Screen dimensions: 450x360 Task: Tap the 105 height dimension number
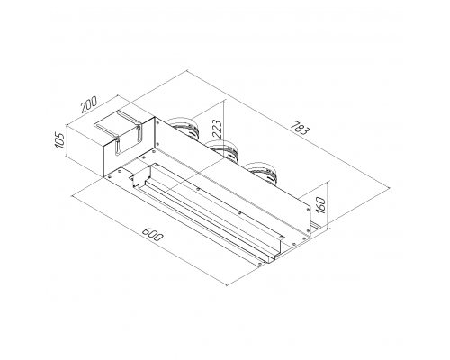coord(60,140)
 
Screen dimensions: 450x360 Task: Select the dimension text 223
coord(218,130)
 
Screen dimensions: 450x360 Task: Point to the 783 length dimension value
coord(301,128)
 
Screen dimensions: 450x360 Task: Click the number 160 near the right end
coord(320,205)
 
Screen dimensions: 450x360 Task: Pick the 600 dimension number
coord(152,235)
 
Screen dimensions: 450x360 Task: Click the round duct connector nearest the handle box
coord(184,129)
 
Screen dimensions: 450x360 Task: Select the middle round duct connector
coord(223,149)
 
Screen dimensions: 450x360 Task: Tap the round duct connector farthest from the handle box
coord(262,172)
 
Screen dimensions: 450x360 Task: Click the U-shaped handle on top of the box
coord(119,132)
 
